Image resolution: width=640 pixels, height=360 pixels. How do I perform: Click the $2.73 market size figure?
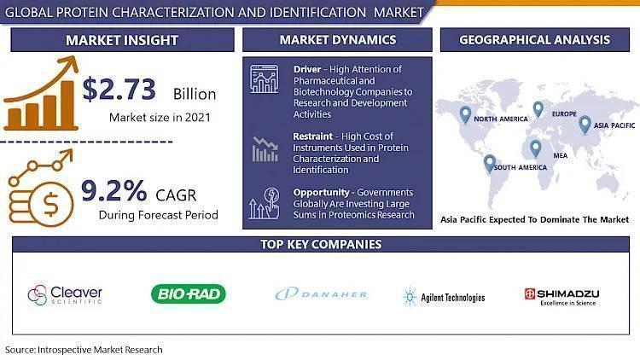119,90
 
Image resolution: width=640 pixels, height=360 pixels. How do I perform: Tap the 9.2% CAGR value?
113,190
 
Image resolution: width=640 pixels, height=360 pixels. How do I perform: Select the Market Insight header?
122,40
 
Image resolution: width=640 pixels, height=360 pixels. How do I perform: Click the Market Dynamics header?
338,39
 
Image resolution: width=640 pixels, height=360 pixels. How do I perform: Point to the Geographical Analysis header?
535,39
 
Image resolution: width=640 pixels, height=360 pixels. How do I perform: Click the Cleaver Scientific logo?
65,294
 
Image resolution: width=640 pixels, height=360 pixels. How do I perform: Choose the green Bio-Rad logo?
189,293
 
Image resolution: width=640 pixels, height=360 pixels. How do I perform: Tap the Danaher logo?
322,293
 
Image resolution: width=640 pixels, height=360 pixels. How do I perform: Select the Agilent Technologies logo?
444,297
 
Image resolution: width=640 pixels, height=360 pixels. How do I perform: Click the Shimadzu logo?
562,297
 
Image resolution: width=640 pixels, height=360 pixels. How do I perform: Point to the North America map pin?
465,115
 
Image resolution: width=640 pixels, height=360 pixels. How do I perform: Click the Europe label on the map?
564,113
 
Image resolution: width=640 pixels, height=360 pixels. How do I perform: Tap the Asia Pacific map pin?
585,125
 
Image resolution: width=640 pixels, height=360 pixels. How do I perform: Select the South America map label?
521,167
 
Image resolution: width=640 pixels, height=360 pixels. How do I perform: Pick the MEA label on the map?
561,155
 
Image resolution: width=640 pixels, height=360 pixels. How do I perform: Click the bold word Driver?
307,69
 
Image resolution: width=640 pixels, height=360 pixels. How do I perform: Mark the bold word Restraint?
312,136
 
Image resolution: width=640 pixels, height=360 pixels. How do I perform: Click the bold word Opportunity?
321,192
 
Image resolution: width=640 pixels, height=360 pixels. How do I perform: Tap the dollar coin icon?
50,205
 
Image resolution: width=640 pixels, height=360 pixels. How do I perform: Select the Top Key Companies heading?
321,244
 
